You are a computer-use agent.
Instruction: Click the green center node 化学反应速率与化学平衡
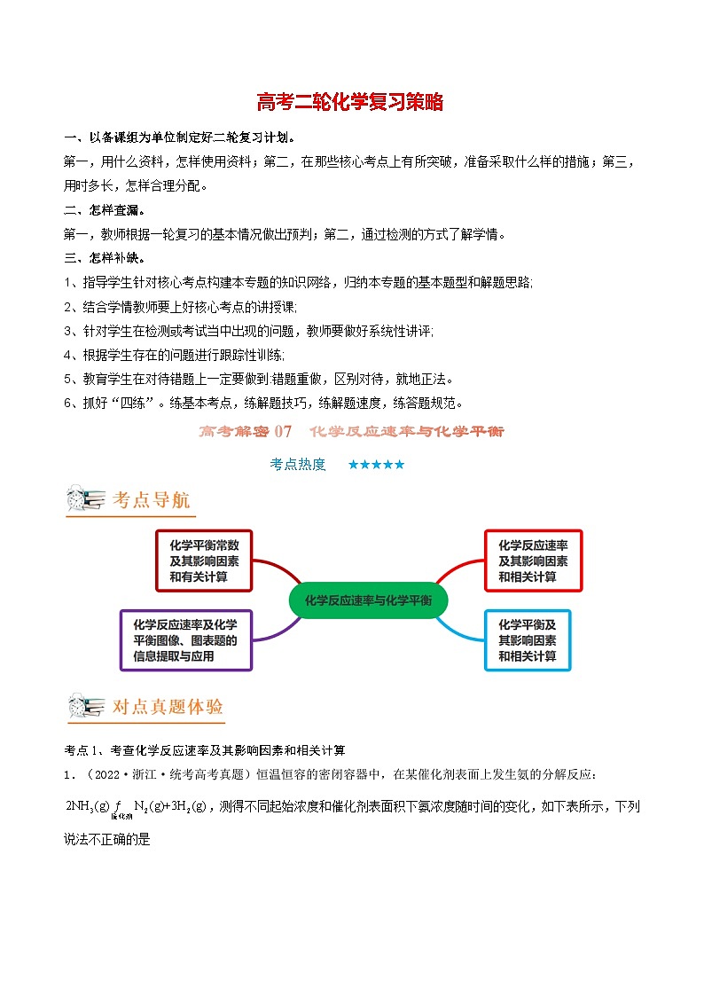[x=368, y=600]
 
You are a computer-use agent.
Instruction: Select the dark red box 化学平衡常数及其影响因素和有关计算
[x=205, y=561]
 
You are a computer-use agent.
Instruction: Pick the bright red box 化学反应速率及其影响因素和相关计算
[x=533, y=561]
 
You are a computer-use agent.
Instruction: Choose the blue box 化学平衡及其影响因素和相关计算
[x=527, y=639]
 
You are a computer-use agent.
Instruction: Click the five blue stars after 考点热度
[x=376, y=465]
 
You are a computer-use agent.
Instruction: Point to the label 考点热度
[x=298, y=465]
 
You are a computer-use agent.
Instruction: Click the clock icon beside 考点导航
[x=86, y=501]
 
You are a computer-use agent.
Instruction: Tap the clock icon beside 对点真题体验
[x=86, y=707]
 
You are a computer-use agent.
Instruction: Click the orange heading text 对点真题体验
[x=168, y=707]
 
